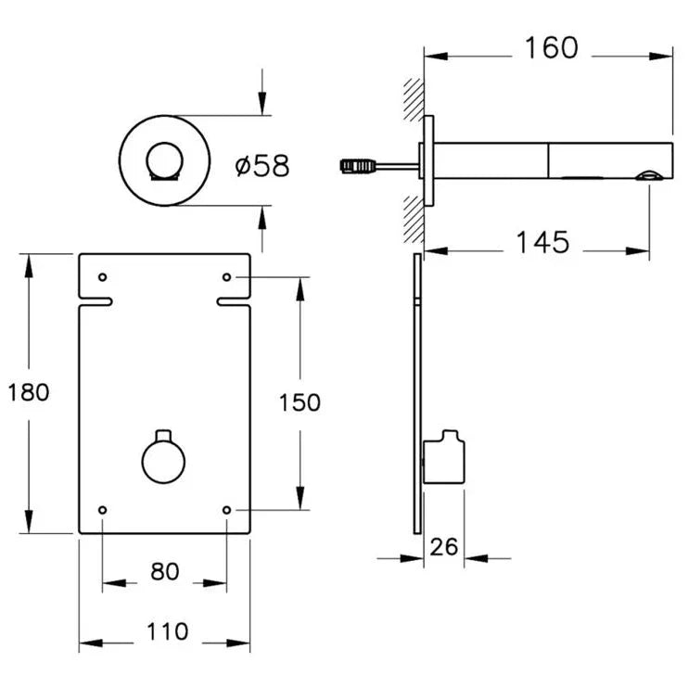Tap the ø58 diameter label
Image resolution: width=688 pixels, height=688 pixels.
(262, 166)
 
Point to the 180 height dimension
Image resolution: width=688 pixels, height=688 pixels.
(28, 392)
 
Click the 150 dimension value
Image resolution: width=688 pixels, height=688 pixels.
(299, 402)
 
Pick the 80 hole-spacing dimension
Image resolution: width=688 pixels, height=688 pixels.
(164, 572)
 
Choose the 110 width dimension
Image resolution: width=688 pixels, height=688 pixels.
(167, 632)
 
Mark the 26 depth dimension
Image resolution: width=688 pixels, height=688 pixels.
(444, 546)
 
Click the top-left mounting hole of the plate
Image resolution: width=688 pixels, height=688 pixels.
(102, 277)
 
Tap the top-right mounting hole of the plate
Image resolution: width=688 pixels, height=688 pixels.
(227, 277)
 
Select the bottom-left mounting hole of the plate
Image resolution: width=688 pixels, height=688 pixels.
(102, 509)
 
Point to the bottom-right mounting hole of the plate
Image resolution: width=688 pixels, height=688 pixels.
(227, 509)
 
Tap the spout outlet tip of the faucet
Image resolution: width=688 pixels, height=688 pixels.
(653, 173)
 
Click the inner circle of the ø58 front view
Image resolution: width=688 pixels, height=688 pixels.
(165, 163)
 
